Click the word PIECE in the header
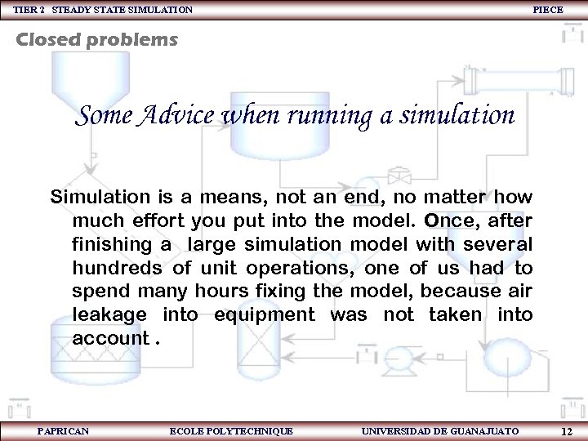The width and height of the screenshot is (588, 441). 547,9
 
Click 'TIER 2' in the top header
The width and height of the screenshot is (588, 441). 28,10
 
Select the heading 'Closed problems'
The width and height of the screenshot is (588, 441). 97,39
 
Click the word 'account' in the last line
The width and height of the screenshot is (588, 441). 109,338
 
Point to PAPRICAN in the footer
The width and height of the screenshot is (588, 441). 63,430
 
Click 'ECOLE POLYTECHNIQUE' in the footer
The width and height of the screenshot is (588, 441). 230,430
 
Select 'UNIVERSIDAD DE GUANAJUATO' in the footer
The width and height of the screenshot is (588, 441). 439,430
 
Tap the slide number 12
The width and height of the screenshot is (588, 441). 567,430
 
